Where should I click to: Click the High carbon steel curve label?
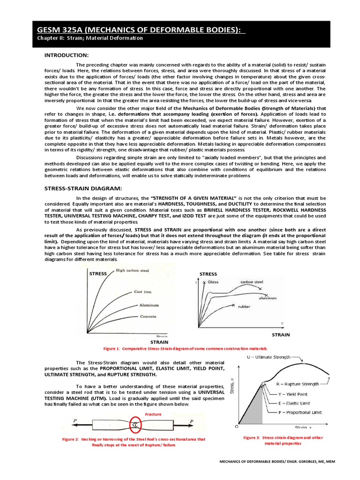133,270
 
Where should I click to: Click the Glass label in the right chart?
213,282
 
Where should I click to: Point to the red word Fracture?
153,414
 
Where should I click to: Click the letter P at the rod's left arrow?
75,421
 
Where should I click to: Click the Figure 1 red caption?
186,349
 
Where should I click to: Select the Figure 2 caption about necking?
134,442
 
